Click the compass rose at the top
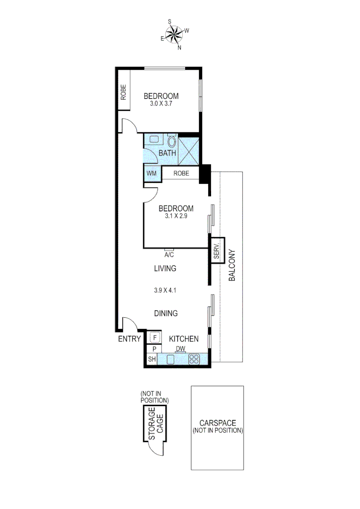[x=175, y=34]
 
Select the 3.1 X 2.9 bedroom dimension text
[x=176, y=217]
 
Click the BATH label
[x=167, y=153]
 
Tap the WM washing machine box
[x=151, y=173]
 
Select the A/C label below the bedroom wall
[x=169, y=255]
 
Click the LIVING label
[x=165, y=269]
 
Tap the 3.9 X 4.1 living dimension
[x=165, y=290]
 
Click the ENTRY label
[x=129, y=339]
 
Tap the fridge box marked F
[x=154, y=338]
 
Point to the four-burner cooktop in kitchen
[x=194, y=359]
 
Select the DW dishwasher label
[x=180, y=349]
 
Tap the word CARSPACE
[x=217, y=423]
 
